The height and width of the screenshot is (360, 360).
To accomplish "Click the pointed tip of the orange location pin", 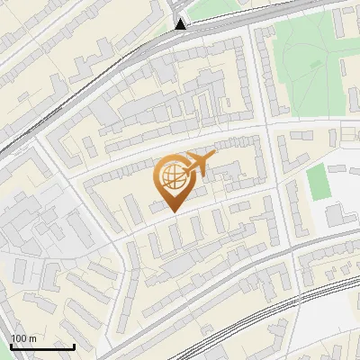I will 172,211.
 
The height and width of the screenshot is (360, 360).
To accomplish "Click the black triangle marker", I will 182,24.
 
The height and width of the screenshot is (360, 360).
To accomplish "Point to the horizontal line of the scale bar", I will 42,346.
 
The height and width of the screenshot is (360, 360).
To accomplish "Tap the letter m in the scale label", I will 32,338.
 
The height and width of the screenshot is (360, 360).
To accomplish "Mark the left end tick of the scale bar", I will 11,345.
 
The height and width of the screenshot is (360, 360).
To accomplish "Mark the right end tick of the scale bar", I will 74,345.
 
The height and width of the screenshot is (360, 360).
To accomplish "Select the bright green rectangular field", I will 318,182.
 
